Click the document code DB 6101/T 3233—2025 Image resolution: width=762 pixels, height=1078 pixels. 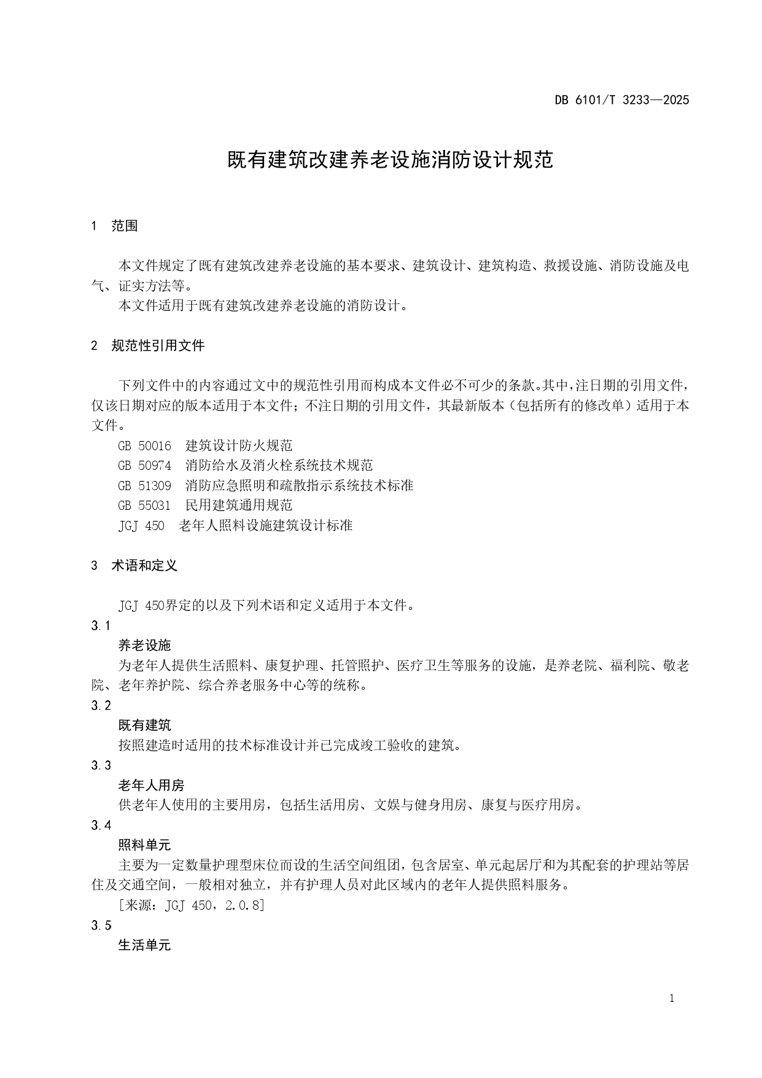coord(622,100)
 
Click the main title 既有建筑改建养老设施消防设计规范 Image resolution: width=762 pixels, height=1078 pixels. coord(391,160)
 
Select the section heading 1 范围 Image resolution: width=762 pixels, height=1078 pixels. coord(114,226)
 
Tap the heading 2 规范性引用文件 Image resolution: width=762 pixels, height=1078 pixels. coord(147,345)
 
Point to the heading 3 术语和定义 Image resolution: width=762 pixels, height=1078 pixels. coord(134,565)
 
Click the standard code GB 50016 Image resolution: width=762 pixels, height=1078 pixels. coord(144,445)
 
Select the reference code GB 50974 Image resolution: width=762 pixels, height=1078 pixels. coord(144,466)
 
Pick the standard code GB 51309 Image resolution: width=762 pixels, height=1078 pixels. coord(144,485)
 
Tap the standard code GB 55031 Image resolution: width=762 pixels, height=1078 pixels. coord(144,506)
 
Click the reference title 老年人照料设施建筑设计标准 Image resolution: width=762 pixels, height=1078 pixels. coord(265,525)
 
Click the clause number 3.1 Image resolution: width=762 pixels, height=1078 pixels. coord(101,625)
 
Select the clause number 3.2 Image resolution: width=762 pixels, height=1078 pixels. coord(101,705)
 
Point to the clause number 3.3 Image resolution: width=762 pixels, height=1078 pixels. coord(101,765)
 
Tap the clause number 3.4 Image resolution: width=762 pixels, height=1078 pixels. coord(101,825)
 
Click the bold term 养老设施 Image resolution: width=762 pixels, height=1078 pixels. coord(144,646)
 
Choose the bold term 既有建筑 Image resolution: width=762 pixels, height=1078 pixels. coord(144,725)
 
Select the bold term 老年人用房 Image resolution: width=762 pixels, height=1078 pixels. coord(151,785)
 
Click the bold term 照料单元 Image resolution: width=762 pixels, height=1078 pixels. coord(144,845)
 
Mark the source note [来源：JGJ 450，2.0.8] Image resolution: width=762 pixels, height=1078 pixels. coord(191,905)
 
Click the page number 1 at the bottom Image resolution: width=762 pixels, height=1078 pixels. coord(672,999)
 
